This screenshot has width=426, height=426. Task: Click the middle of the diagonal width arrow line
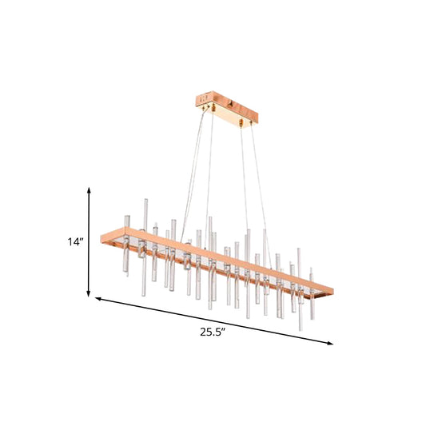point(214,321)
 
